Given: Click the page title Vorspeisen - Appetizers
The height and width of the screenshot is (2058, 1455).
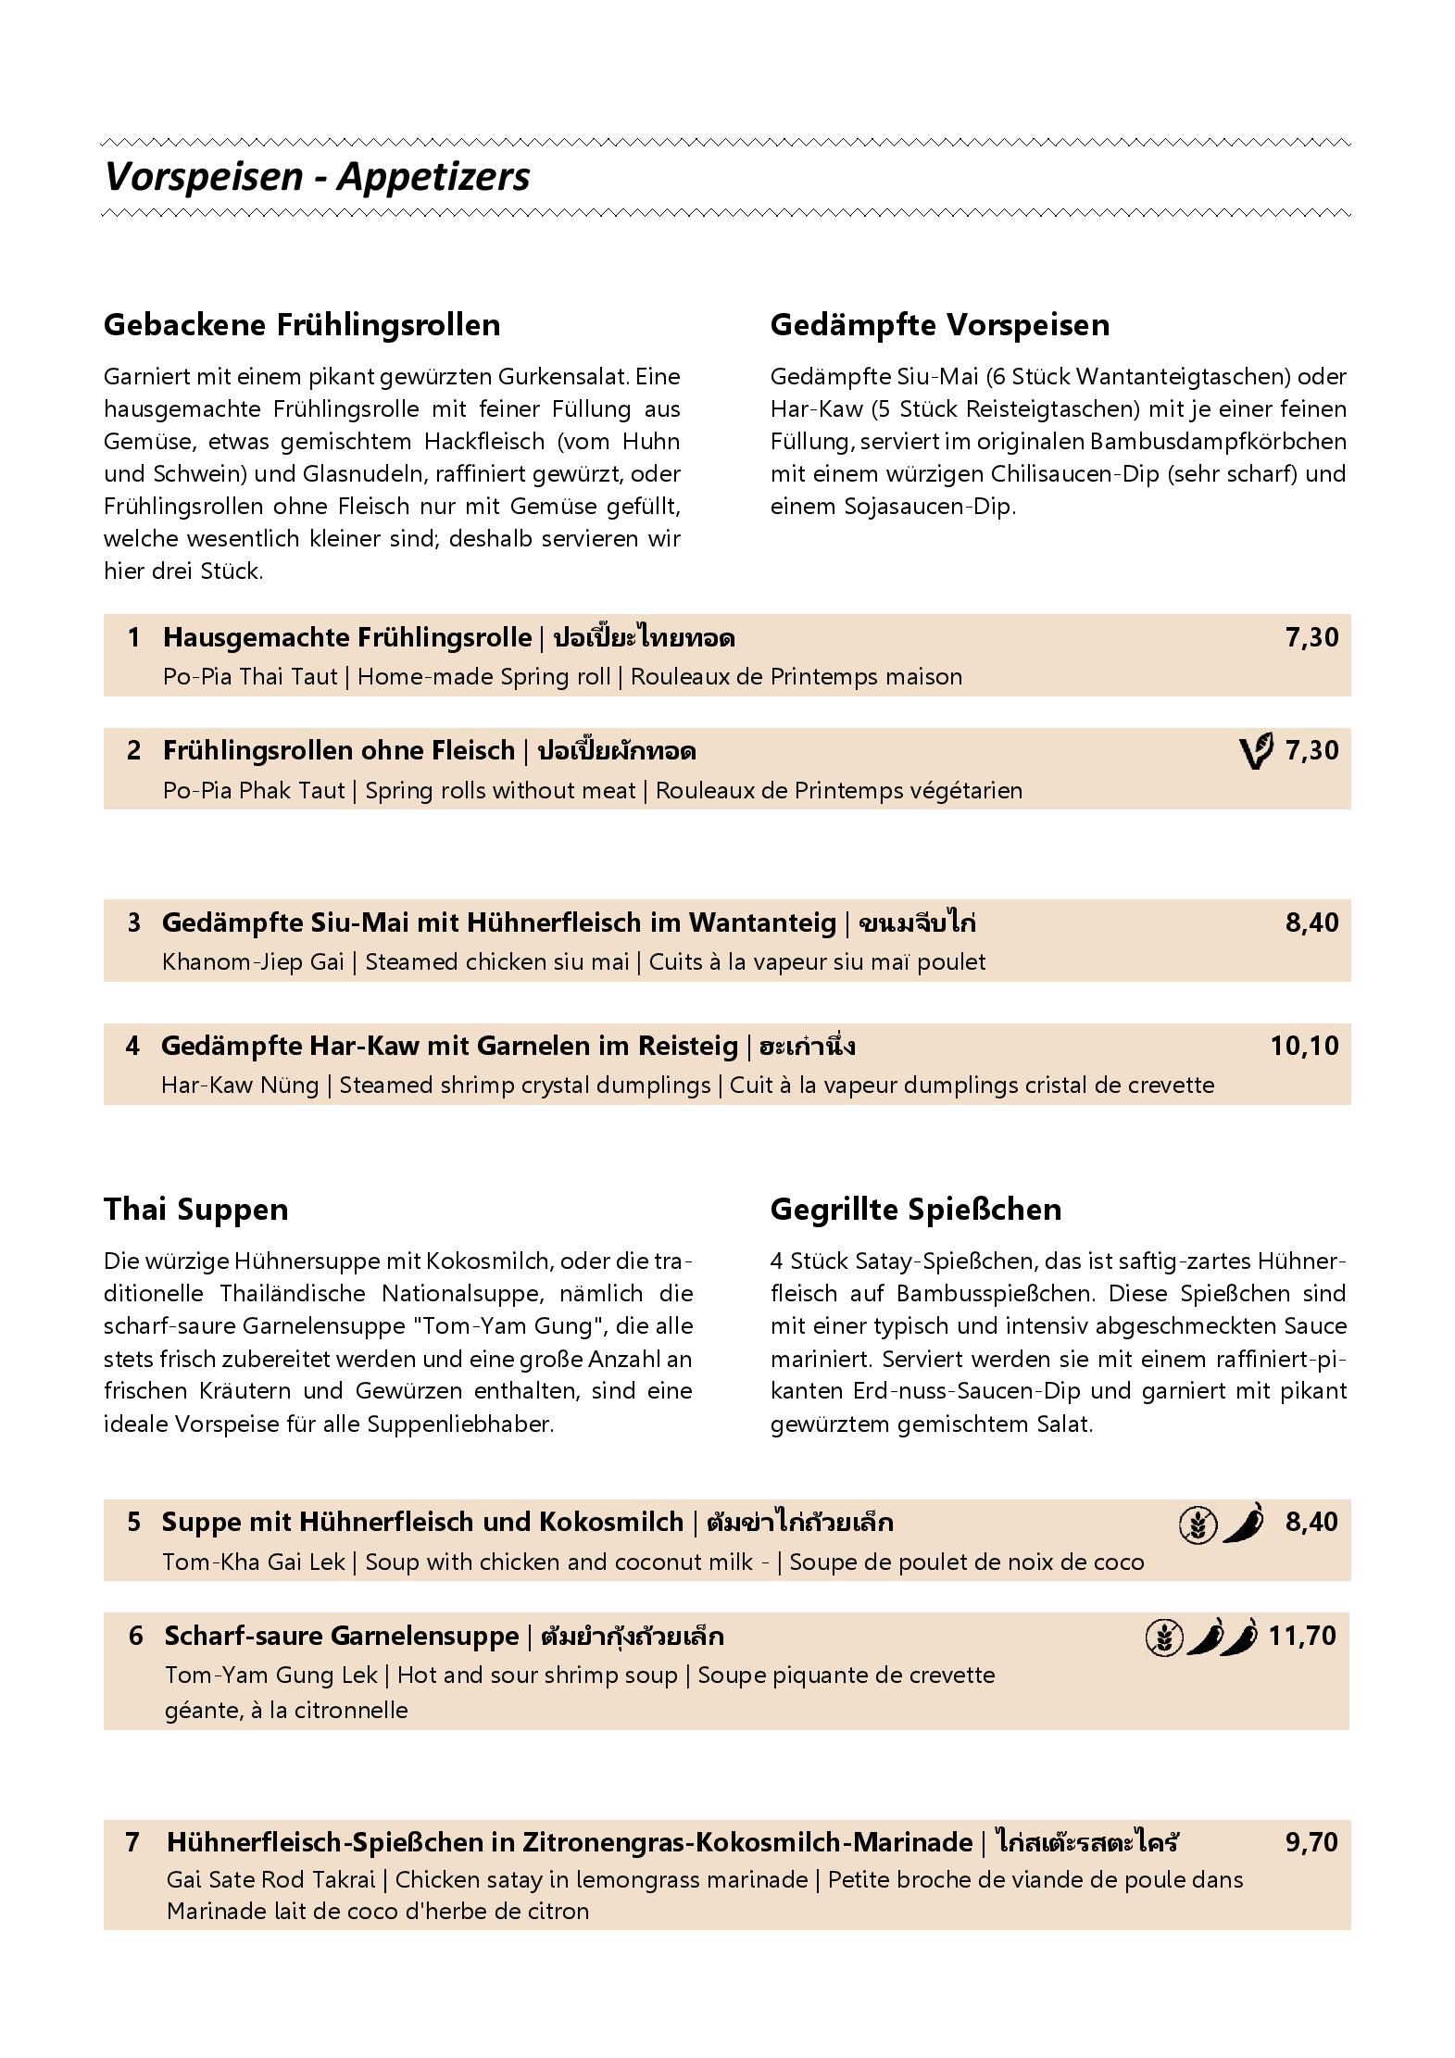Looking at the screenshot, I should [317, 176].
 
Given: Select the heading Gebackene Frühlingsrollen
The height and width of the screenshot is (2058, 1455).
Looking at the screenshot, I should [302, 324].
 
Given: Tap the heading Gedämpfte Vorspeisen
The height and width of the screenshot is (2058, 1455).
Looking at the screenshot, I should [939, 324].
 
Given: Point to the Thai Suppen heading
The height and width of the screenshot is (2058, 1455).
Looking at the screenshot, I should [195, 1209].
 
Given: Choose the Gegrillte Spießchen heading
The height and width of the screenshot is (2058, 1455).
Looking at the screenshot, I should [915, 1209].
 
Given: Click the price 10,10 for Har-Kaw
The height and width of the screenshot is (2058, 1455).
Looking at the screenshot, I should [1304, 1046].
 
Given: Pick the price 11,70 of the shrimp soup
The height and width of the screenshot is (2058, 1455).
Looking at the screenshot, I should [1302, 1635].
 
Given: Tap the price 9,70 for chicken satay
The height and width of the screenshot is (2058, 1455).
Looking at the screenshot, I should [1311, 1841].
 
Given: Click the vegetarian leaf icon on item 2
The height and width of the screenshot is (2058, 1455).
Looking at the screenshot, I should [1256, 750].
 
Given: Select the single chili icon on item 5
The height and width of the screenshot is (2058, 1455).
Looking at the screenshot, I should [1243, 1523].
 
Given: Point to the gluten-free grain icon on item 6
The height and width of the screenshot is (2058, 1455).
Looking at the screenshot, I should [1163, 1637].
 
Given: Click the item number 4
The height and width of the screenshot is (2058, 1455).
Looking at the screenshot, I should [132, 1046].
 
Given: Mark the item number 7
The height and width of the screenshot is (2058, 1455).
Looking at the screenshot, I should [132, 1841].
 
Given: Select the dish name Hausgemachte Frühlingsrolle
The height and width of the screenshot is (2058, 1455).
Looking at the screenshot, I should [347, 637].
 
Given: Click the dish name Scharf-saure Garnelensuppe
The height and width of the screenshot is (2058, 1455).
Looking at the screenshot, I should [341, 1636].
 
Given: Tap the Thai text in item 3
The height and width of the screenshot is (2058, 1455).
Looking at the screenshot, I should [918, 922].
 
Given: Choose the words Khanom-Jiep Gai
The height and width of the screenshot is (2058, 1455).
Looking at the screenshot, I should [253, 961].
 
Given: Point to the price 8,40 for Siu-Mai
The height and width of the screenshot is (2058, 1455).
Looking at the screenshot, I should [1311, 922].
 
